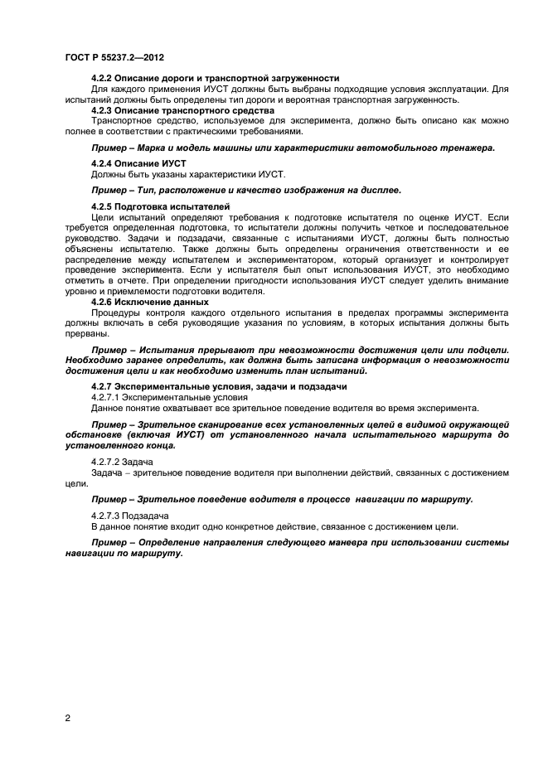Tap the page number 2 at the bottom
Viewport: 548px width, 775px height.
coord(67,719)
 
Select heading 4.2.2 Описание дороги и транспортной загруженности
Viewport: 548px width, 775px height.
coord(215,78)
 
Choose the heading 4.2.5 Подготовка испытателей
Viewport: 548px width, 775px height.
coord(159,206)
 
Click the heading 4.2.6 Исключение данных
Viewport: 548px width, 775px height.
coord(149,301)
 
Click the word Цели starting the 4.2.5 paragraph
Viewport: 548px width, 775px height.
coord(102,216)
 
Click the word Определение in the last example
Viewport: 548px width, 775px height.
coord(168,541)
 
